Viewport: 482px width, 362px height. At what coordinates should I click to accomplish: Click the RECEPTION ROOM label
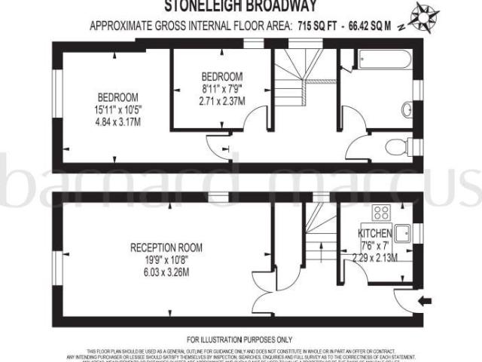166,247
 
